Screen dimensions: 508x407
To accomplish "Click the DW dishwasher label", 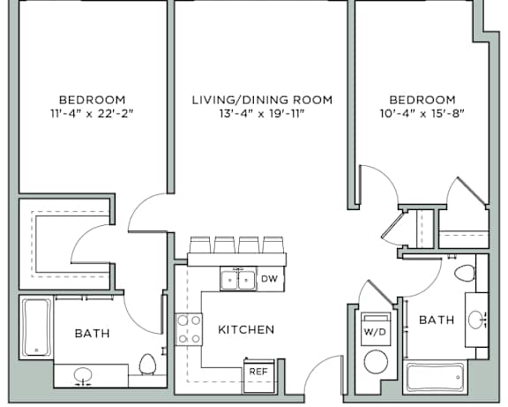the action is pos(269,279).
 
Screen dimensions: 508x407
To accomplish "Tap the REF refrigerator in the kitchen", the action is pos(259,375).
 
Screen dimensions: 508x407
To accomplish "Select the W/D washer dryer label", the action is pos(375,332).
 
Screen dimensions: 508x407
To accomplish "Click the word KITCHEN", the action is pos(246,329).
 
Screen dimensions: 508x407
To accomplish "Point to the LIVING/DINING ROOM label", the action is pos(263,100).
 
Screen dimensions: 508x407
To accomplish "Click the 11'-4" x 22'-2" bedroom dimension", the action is pos(92,114).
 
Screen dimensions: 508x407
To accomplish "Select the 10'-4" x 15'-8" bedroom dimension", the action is pos(422,114).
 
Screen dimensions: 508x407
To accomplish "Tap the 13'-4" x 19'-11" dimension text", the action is pos(263,114).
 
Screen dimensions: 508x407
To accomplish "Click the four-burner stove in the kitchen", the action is pos(189,329).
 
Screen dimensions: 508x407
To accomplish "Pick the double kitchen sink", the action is pos(238,279).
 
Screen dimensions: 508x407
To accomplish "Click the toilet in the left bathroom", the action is pos(147,365).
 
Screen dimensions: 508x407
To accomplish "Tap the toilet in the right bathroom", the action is pos(465,273).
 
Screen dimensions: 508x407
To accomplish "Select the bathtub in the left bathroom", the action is pos(36,328).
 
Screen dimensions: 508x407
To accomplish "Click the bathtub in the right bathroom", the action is pos(435,377).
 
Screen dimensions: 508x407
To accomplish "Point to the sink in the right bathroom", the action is pos(476,320).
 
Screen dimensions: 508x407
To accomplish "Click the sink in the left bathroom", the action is pos(83,375).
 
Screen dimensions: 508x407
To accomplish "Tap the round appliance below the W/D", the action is pos(376,362).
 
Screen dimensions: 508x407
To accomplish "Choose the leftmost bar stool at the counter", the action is pos(200,245).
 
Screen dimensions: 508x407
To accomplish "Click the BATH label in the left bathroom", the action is pos(93,334).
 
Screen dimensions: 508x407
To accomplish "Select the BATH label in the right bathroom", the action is pos(437,320).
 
